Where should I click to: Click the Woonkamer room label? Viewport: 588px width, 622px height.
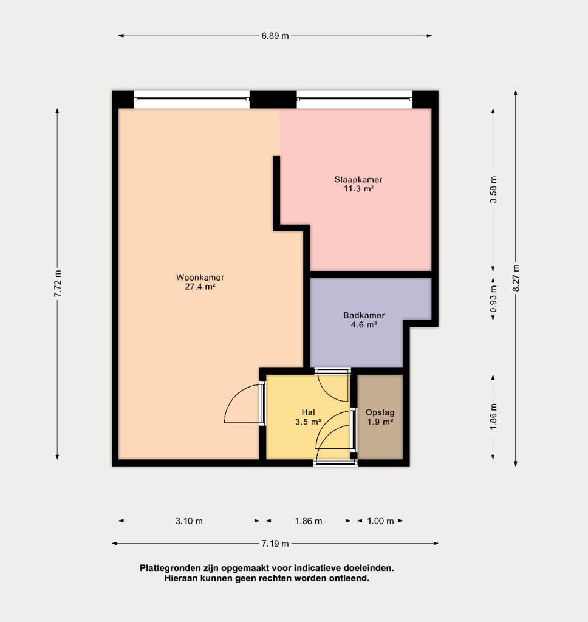[200, 277]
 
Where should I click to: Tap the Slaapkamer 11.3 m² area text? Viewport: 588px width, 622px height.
[358, 189]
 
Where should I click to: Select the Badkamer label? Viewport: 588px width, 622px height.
[364, 315]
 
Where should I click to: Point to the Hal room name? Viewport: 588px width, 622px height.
[308, 412]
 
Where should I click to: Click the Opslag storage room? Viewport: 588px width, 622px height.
[380, 417]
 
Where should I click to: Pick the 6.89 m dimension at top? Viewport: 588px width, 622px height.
[275, 36]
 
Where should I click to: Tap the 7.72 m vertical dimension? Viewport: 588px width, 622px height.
[58, 283]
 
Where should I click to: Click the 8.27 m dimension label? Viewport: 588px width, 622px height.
[516, 278]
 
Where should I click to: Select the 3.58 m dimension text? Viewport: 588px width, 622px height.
[493, 190]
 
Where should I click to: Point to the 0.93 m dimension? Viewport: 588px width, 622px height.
[493, 298]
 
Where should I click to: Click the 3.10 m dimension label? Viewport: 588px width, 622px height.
[189, 521]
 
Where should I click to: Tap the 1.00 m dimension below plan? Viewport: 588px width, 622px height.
[380, 521]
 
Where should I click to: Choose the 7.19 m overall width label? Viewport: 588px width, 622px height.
[275, 544]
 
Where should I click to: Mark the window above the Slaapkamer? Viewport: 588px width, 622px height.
[355, 99]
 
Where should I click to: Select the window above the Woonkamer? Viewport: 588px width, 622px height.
[191, 99]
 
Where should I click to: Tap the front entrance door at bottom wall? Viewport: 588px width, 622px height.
[335, 462]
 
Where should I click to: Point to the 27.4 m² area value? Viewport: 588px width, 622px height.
[200, 287]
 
